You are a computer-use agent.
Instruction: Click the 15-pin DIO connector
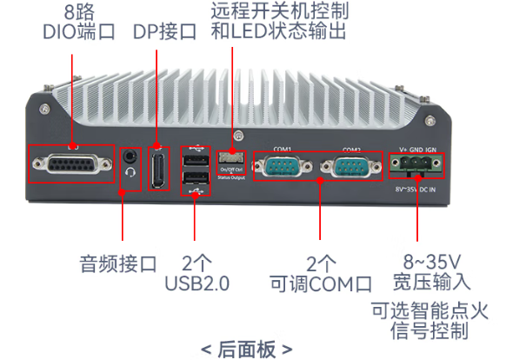[x=71, y=163]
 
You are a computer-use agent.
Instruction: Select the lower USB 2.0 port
[x=196, y=180]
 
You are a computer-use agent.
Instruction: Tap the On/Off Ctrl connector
[x=231, y=157]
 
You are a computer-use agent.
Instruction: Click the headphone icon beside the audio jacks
[x=131, y=171]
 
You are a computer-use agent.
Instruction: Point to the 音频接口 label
[x=117, y=263]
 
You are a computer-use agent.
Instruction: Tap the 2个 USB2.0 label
[x=196, y=273]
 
